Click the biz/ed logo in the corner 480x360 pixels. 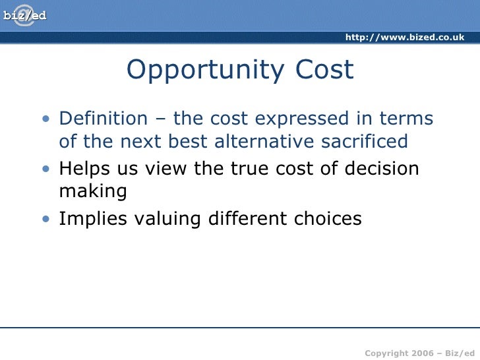[25, 15]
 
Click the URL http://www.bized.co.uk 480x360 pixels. [405, 37]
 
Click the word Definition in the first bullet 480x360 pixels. [104, 119]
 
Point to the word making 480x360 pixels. [92, 192]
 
